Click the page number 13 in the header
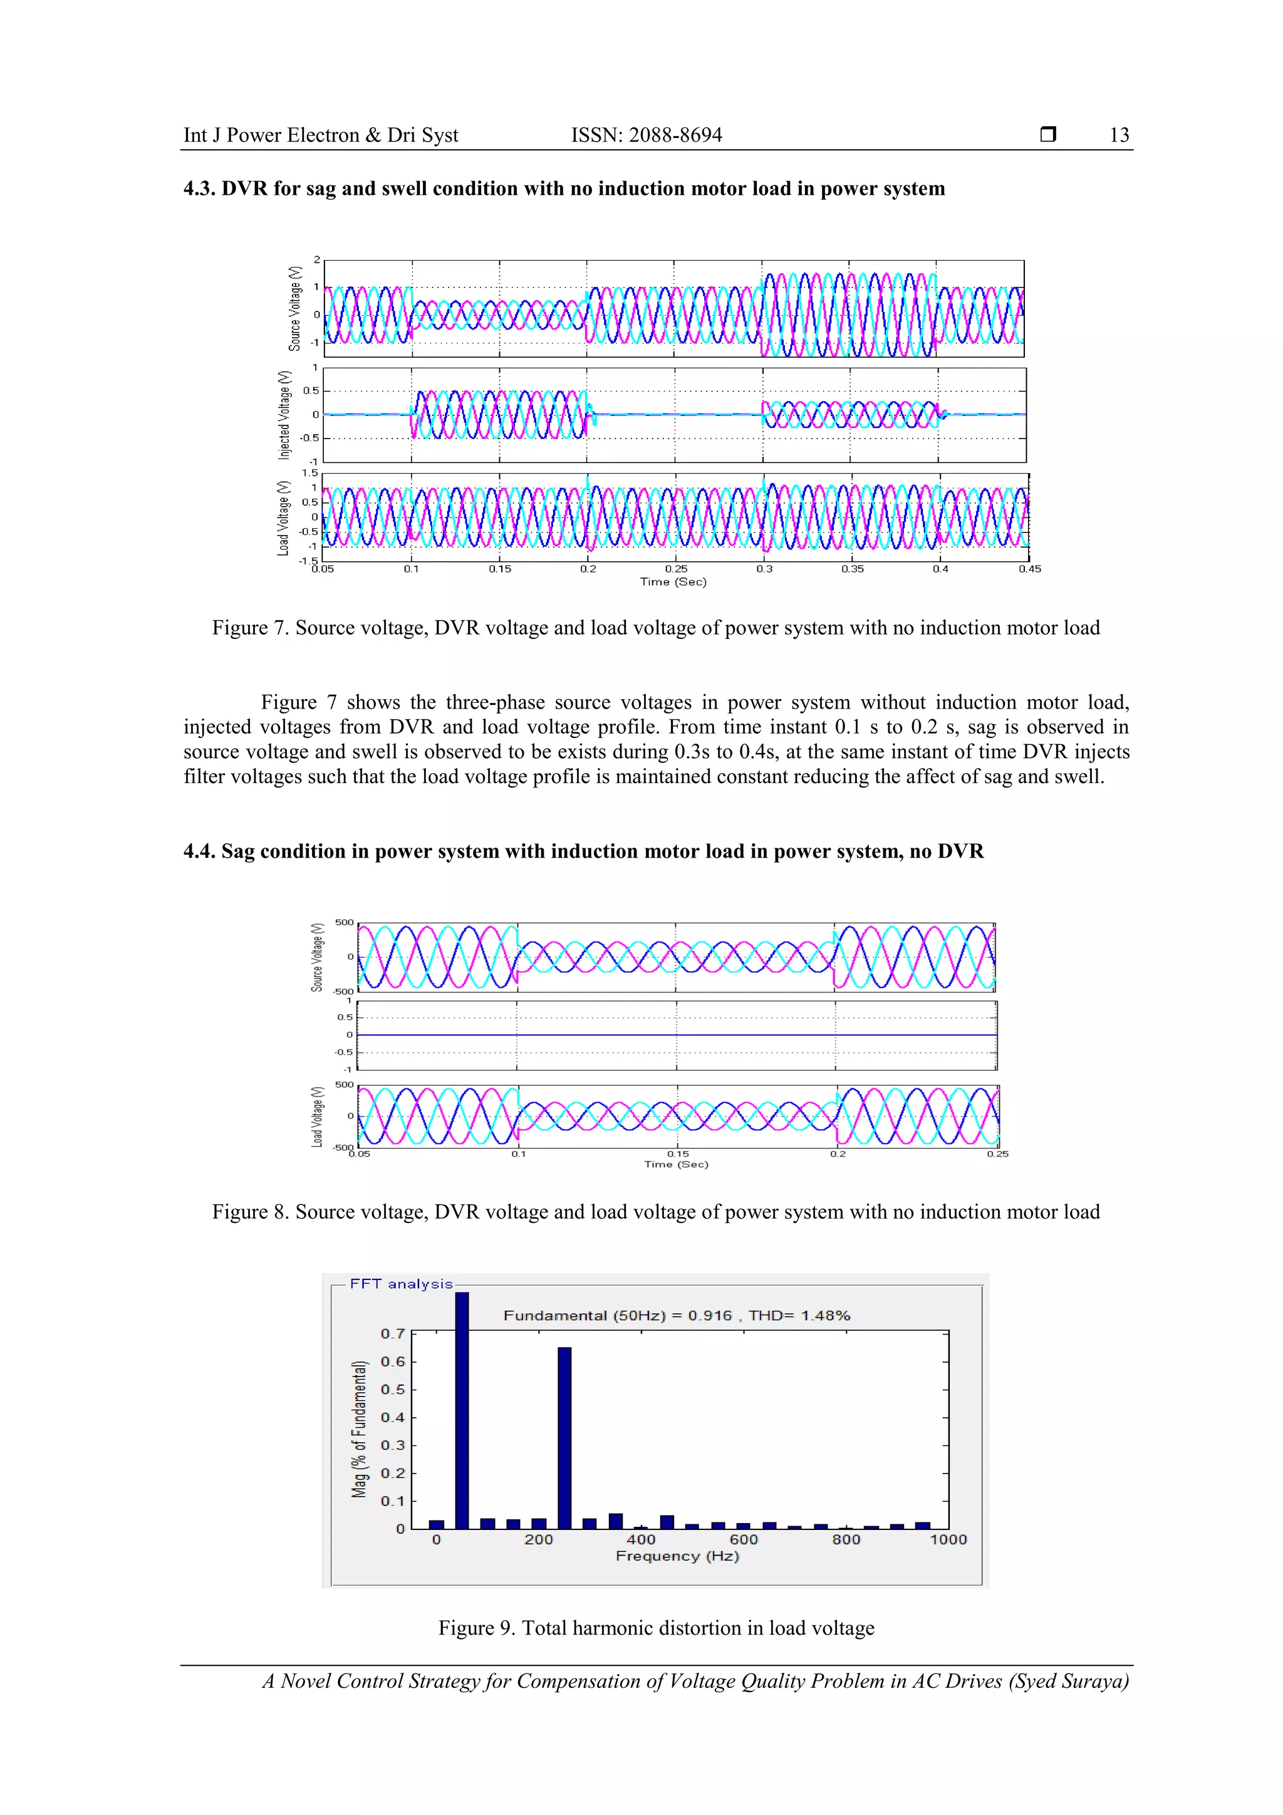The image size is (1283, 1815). (1119, 135)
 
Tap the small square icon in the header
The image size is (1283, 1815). (1047, 134)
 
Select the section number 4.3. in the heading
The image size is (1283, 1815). (200, 189)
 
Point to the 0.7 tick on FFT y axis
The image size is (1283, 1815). (393, 1334)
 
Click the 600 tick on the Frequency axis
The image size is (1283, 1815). (743, 1539)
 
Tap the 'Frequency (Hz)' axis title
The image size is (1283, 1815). (677, 1556)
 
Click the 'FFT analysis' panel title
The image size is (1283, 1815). (401, 1284)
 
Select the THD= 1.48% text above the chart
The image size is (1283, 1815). (799, 1316)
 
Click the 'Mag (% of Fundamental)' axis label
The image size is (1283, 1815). (360, 1428)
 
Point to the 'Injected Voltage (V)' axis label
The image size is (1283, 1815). (284, 415)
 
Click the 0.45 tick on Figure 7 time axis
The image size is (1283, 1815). (1029, 569)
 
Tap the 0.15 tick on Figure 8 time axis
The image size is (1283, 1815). (677, 1154)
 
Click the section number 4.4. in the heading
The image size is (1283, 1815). (200, 852)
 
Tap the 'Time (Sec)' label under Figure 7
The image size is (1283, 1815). (673, 582)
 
